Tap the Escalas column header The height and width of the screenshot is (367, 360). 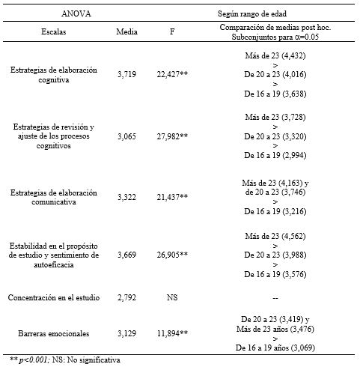click(53, 32)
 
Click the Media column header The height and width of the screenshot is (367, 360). click(127, 32)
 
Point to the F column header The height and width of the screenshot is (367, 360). click(172, 32)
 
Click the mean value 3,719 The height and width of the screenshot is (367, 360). click(128, 75)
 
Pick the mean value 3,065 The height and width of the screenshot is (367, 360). click(128, 137)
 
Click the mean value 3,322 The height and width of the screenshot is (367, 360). click(128, 197)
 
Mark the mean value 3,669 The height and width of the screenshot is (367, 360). click(128, 256)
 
